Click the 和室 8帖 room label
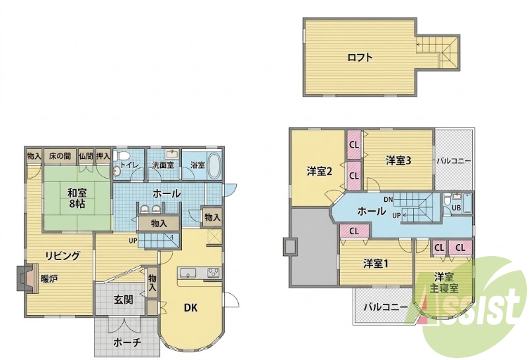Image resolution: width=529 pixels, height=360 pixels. [x=77, y=199]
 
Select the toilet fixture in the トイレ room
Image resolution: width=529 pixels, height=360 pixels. [x=122, y=156]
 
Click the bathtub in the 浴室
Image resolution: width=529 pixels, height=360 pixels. [x=214, y=166]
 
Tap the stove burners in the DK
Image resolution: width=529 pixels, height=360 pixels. [x=213, y=272]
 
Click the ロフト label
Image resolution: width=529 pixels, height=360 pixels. [x=360, y=58]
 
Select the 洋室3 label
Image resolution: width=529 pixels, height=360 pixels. [x=399, y=161]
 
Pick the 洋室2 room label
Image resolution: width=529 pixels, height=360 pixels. [x=319, y=171]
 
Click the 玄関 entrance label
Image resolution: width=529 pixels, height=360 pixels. [x=123, y=300]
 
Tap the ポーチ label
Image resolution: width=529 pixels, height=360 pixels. [x=127, y=342]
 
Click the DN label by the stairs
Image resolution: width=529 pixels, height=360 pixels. [x=388, y=199]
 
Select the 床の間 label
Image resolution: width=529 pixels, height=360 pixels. [x=60, y=156]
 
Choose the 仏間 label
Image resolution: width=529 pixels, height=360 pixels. [x=86, y=156]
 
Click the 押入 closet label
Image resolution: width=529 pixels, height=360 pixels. [x=103, y=156]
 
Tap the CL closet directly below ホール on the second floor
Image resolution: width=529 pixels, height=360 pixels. [x=354, y=232]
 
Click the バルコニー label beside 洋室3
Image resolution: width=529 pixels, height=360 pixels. [x=454, y=161]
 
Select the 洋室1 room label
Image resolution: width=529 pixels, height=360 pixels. [x=376, y=264]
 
